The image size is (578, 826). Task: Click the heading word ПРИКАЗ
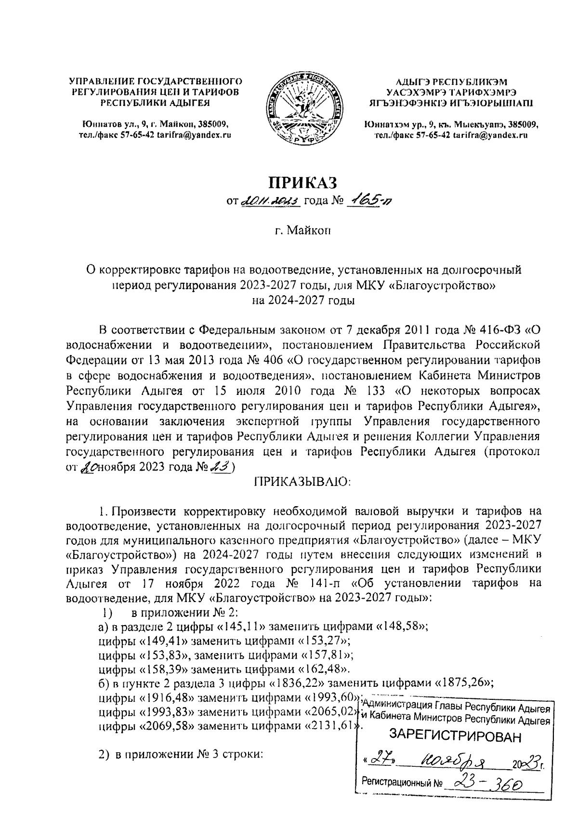[301, 183]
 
